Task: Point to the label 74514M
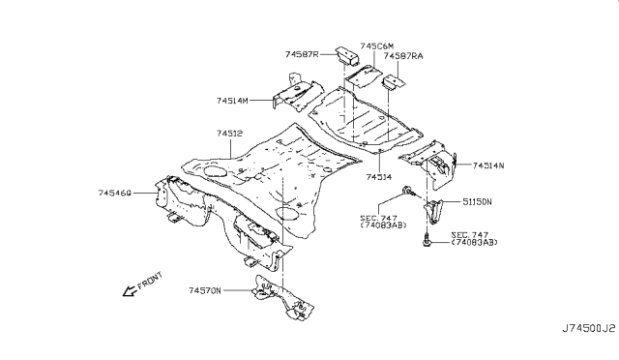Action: [x=233, y=100]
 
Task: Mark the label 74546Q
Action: [x=119, y=194]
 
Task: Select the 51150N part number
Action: [x=476, y=202]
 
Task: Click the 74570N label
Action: [x=205, y=289]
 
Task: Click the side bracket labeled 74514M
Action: [x=292, y=97]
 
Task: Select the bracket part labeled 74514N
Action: [x=433, y=167]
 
